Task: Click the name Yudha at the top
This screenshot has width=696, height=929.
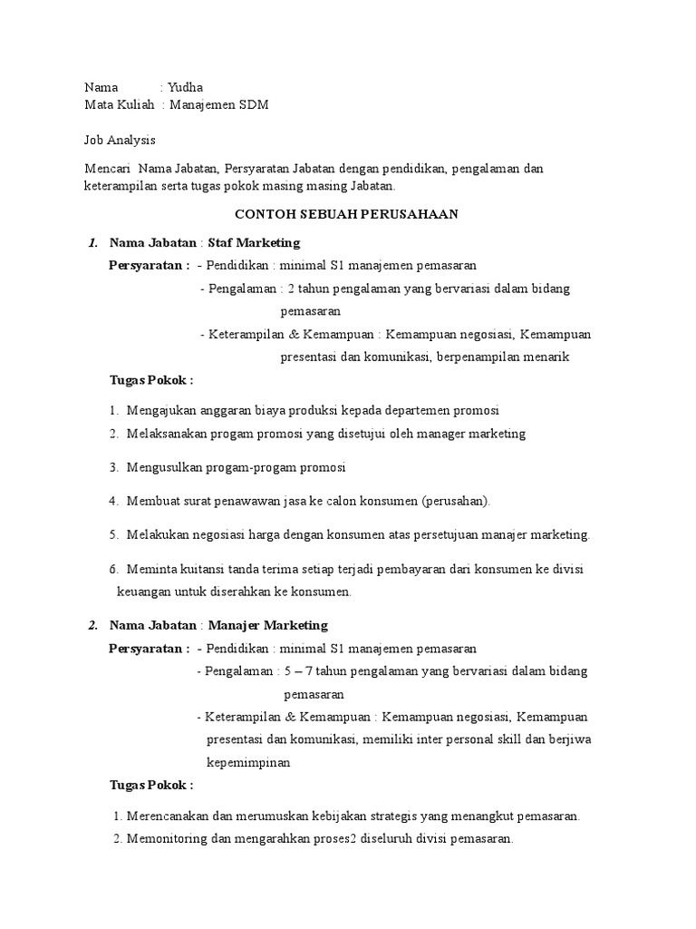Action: pyautogui.click(x=185, y=88)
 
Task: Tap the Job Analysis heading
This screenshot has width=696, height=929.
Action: pyautogui.click(x=120, y=140)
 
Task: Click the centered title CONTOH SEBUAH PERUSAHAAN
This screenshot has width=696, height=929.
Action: pyautogui.click(x=347, y=214)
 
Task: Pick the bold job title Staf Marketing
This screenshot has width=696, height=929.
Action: pyautogui.click(x=254, y=243)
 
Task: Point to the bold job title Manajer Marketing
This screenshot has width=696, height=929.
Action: pyautogui.click(x=268, y=625)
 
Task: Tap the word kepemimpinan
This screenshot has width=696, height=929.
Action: pyautogui.click(x=248, y=763)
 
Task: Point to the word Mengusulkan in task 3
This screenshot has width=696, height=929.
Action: pyautogui.click(x=164, y=467)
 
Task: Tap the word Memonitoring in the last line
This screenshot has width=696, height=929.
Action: pyautogui.click(x=168, y=839)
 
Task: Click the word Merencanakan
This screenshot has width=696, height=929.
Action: pyautogui.click(x=167, y=816)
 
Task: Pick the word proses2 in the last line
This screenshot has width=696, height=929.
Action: pyautogui.click(x=332, y=839)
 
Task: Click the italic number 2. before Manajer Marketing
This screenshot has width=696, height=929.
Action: pyautogui.click(x=92, y=625)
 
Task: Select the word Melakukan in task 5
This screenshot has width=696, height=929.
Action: pyautogui.click(x=159, y=534)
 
